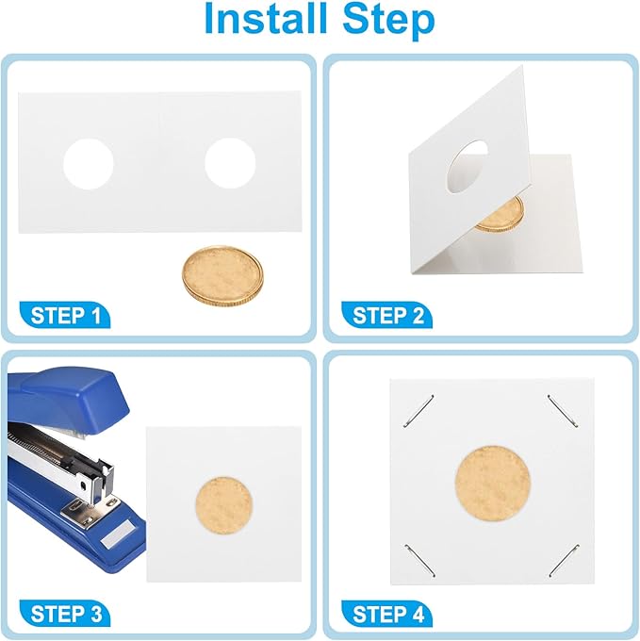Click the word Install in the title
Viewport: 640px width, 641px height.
point(266,19)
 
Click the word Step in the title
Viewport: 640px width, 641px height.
point(388,22)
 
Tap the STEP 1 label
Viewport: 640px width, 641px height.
point(65,316)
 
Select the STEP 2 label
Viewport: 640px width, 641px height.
point(387,316)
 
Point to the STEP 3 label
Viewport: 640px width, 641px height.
point(65,614)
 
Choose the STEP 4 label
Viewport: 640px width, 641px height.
point(387,614)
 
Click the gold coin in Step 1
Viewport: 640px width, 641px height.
point(222,274)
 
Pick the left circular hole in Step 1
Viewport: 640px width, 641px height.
point(89,164)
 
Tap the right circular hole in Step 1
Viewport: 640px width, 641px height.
point(230,163)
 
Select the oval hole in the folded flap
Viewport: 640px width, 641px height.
point(467,167)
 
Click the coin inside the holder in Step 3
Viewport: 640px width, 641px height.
point(224,505)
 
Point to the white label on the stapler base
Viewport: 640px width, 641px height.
point(116,535)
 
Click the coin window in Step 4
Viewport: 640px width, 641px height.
point(492,484)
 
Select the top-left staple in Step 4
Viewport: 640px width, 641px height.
point(418,411)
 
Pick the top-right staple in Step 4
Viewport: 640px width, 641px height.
point(563,411)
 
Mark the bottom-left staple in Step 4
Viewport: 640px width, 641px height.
point(419,561)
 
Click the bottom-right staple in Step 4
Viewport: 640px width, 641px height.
point(565,561)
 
